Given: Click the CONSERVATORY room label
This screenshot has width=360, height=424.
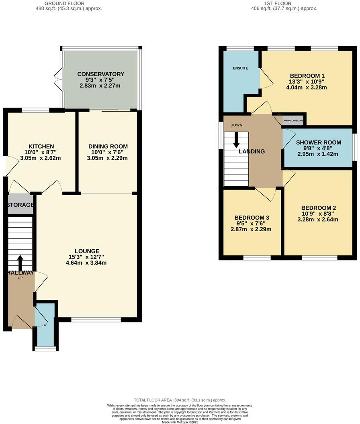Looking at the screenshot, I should pyautogui.click(x=100, y=74).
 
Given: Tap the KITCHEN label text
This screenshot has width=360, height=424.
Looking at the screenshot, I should pyautogui.click(x=41, y=146).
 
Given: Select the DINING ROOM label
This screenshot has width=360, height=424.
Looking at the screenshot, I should pyautogui.click(x=108, y=146).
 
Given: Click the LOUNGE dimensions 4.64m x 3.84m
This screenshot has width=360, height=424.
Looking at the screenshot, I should pyautogui.click(x=86, y=263).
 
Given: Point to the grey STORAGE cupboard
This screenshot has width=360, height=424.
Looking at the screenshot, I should pyautogui.click(x=20, y=205).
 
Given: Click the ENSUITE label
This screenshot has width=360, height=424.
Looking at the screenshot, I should pyautogui.click(x=240, y=68).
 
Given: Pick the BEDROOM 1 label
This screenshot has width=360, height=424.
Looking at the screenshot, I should pyautogui.click(x=307, y=75).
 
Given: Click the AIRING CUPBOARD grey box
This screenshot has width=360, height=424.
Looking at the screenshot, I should pyautogui.click(x=293, y=120).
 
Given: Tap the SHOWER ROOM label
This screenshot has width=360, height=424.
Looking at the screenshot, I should pyautogui.click(x=319, y=143).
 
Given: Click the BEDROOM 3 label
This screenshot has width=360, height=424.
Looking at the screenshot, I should pyautogui.click(x=252, y=218).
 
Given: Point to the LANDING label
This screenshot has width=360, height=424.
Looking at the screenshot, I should pyautogui.click(x=252, y=151).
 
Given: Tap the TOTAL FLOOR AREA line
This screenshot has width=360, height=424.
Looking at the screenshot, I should pyautogui.click(x=180, y=400).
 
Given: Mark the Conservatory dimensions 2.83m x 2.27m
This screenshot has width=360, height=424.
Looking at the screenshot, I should pyautogui.click(x=100, y=86).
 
